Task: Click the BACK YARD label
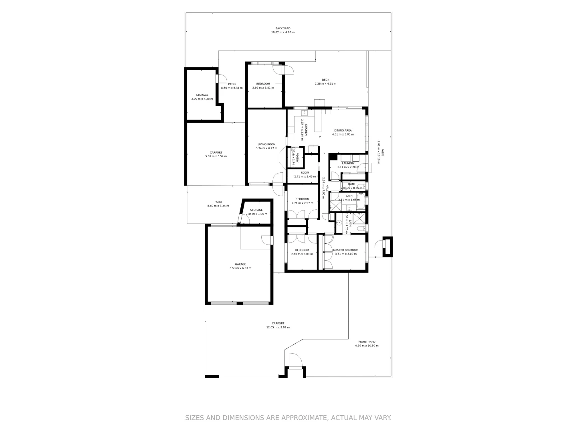[282, 28]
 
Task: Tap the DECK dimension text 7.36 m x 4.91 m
[325, 84]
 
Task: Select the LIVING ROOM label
[266, 144]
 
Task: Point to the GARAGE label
[240, 264]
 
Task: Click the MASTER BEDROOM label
[346, 250]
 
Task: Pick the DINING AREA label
[343, 130]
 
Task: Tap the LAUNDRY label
[348, 163]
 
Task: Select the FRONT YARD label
[367, 342]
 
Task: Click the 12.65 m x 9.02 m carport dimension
[278, 328]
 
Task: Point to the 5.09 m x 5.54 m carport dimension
[216, 156]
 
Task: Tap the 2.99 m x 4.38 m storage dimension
[202, 99]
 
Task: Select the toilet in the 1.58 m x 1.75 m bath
[361, 228]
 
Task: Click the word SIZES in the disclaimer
[194, 418]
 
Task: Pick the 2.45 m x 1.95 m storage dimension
[256, 214]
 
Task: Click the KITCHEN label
[306, 130]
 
